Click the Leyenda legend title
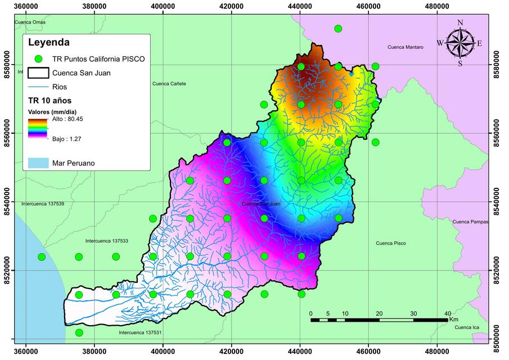[x=49, y=42]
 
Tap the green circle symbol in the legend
[x=38, y=58]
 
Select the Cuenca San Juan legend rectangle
[x=38, y=73]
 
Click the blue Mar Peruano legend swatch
[x=38, y=163]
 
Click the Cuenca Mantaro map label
[x=406, y=47]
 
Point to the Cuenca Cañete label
[x=169, y=84]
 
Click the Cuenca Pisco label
[x=390, y=243]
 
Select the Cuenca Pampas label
[x=471, y=222]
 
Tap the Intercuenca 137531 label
[x=140, y=333]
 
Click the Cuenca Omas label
[x=30, y=22]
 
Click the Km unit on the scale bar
[x=453, y=319]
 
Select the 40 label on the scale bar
[x=447, y=313]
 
